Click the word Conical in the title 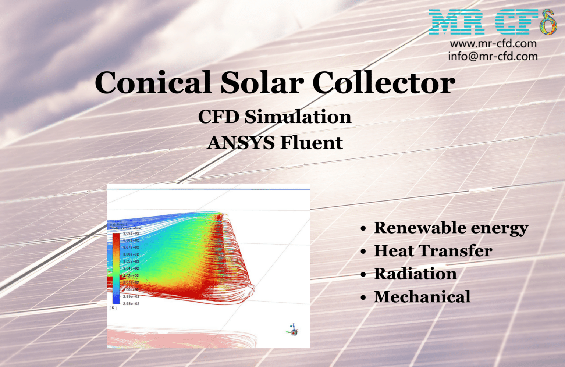click(153, 83)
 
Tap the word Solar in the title click(262, 83)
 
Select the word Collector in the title click(384, 83)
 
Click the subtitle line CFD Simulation click(274, 117)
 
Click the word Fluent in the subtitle click(312, 143)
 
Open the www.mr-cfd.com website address click(493, 44)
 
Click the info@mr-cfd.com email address click(493, 56)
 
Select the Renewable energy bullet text click(451, 228)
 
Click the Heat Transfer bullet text click(433, 251)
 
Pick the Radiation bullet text click(415, 274)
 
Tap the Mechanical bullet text click(422, 297)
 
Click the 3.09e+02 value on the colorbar click(131, 233)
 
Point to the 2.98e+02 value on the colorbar click(131, 304)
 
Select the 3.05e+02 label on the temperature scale click(131, 261)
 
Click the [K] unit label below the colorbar click(113, 308)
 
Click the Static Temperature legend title click(125, 228)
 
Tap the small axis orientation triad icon click(293, 330)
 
